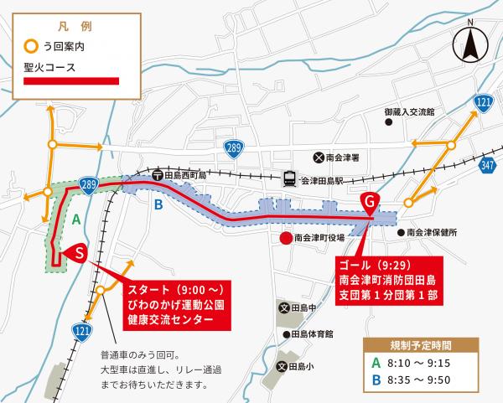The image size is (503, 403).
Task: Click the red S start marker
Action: [x=77, y=252]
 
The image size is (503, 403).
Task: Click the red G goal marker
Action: [x=369, y=202]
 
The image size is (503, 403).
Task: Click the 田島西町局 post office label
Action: [x=185, y=174]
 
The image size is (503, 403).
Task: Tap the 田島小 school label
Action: [x=304, y=366]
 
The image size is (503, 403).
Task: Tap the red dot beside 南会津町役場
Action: [x=286, y=238]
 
